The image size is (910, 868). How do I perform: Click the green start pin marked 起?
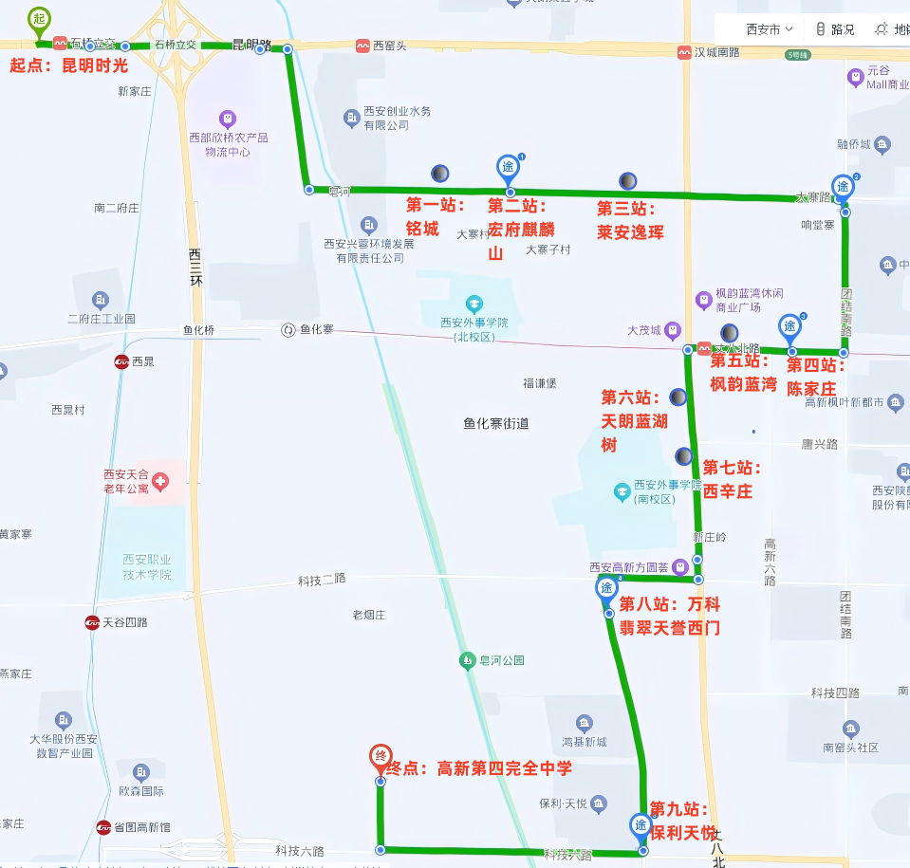click(38, 20)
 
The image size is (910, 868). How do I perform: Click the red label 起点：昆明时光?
click(68, 66)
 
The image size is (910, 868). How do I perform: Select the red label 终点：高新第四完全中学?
click(479, 768)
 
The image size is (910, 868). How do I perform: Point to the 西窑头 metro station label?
click(388, 45)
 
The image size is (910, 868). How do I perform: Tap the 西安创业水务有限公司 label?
click(397, 119)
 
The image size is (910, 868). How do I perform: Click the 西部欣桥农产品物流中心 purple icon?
click(227, 120)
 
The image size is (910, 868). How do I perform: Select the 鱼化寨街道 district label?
click(496, 424)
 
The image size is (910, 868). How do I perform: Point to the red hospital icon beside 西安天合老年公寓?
click(160, 482)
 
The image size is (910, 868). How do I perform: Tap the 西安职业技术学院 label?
click(146, 567)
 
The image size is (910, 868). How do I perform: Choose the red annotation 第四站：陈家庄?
click(812, 377)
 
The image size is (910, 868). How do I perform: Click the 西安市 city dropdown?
click(770, 29)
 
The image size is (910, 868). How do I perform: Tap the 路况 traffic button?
click(834, 29)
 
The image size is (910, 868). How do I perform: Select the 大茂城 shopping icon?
click(672, 330)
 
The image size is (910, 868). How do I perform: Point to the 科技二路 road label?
click(322, 579)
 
